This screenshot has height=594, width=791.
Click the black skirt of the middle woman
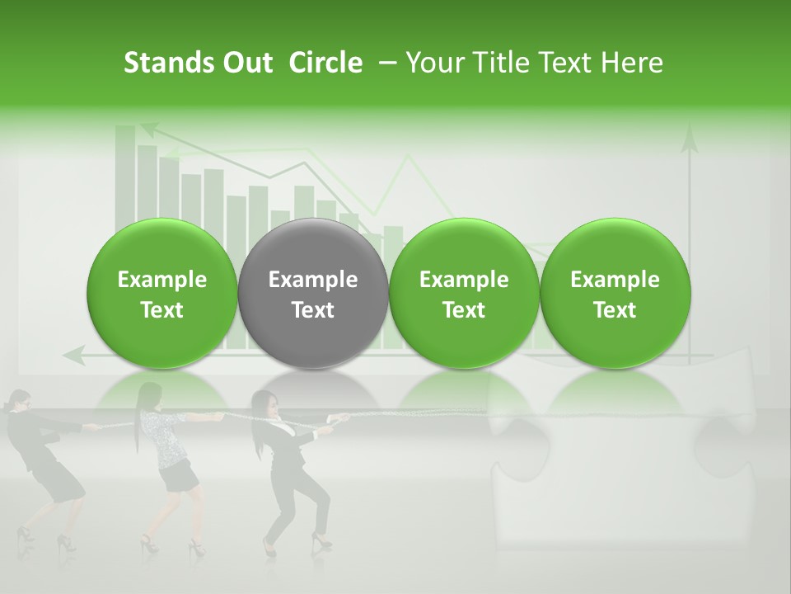178,476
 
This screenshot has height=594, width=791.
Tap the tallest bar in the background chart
125,165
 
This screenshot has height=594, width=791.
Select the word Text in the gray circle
312,310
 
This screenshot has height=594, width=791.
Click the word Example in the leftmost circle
161,280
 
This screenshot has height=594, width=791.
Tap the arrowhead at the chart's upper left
149,129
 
